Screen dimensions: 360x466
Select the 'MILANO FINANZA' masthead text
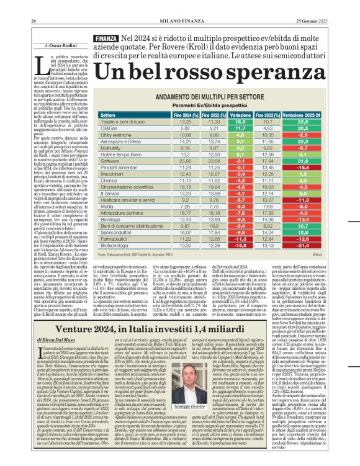(180, 6)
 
